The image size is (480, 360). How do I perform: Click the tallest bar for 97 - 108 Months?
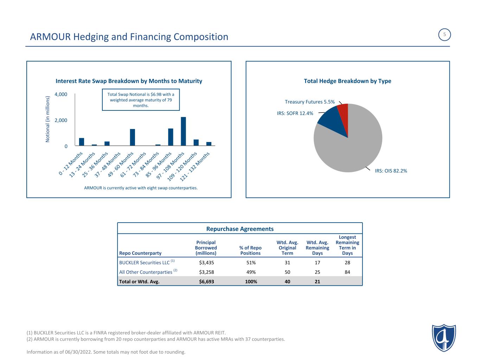(x=183, y=131)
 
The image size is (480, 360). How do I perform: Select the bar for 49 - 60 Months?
(x=132, y=137)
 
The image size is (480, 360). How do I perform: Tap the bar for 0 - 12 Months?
(x=82, y=142)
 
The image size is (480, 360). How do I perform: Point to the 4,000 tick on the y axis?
(x=61, y=95)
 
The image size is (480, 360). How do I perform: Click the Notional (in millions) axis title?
(x=47, y=119)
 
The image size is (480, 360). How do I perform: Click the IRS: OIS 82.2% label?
(x=391, y=171)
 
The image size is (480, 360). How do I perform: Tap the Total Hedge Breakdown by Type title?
(x=347, y=81)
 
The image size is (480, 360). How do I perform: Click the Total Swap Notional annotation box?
(x=141, y=100)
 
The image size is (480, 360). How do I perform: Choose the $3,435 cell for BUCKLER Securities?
(x=206, y=263)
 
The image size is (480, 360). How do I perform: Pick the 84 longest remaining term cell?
(x=347, y=272)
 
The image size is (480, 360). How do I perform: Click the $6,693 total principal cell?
(x=206, y=282)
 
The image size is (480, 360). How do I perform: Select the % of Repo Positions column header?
(x=250, y=251)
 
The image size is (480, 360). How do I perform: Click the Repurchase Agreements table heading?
(x=240, y=229)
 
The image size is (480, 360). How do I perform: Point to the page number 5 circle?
(x=444, y=34)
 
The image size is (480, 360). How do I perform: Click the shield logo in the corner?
(x=444, y=338)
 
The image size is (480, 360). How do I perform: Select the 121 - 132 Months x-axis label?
(x=194, y=167)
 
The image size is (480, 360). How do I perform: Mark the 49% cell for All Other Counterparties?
(x=251, y=272)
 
